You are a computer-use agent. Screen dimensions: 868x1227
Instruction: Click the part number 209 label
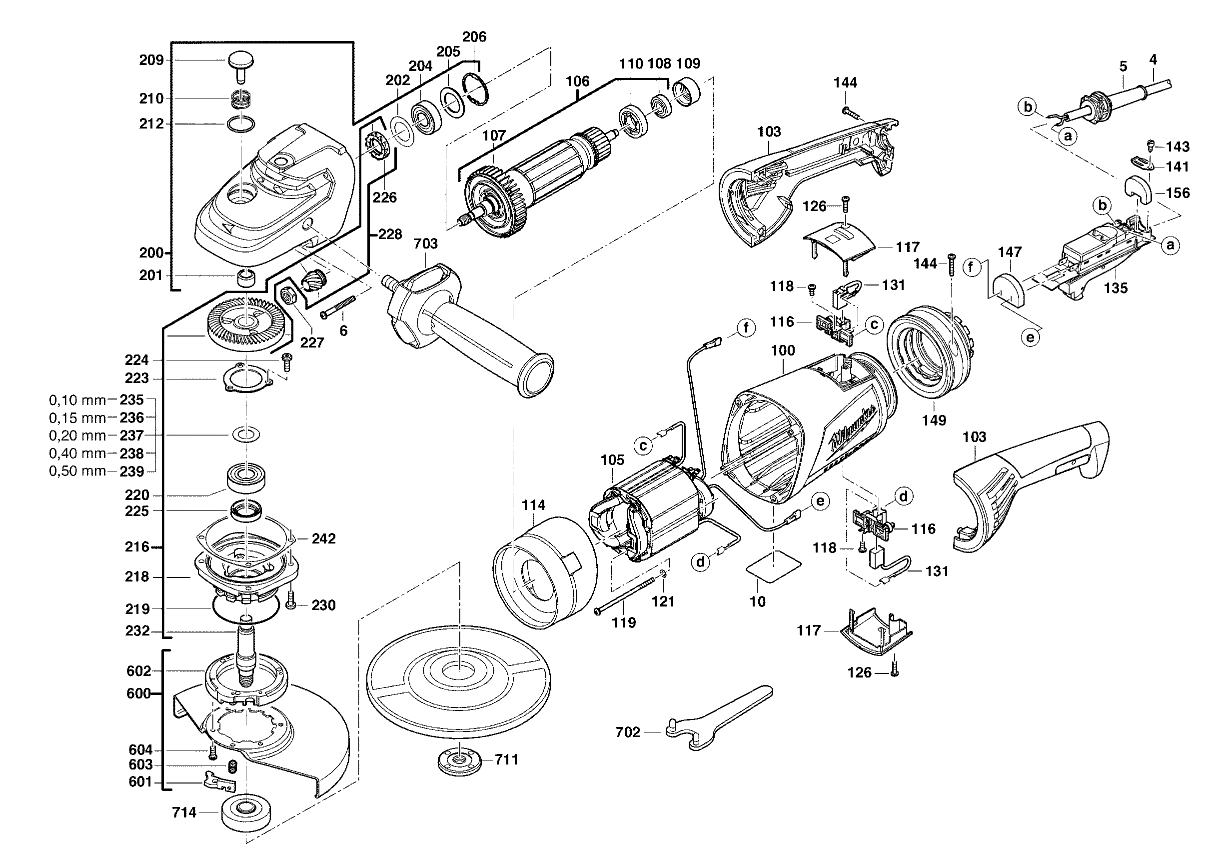click(151, 60)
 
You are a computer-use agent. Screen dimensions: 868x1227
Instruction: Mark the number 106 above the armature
click(577, 81)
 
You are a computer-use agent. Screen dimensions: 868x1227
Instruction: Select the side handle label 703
click(425, 243)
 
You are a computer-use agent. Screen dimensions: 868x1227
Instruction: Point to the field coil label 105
click(612, 460)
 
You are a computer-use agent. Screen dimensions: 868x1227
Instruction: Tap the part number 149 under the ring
click(934, 420)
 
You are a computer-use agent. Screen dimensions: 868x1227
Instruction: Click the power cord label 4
click(1153, 60)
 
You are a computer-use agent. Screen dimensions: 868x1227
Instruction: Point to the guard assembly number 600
click(138, 694)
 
